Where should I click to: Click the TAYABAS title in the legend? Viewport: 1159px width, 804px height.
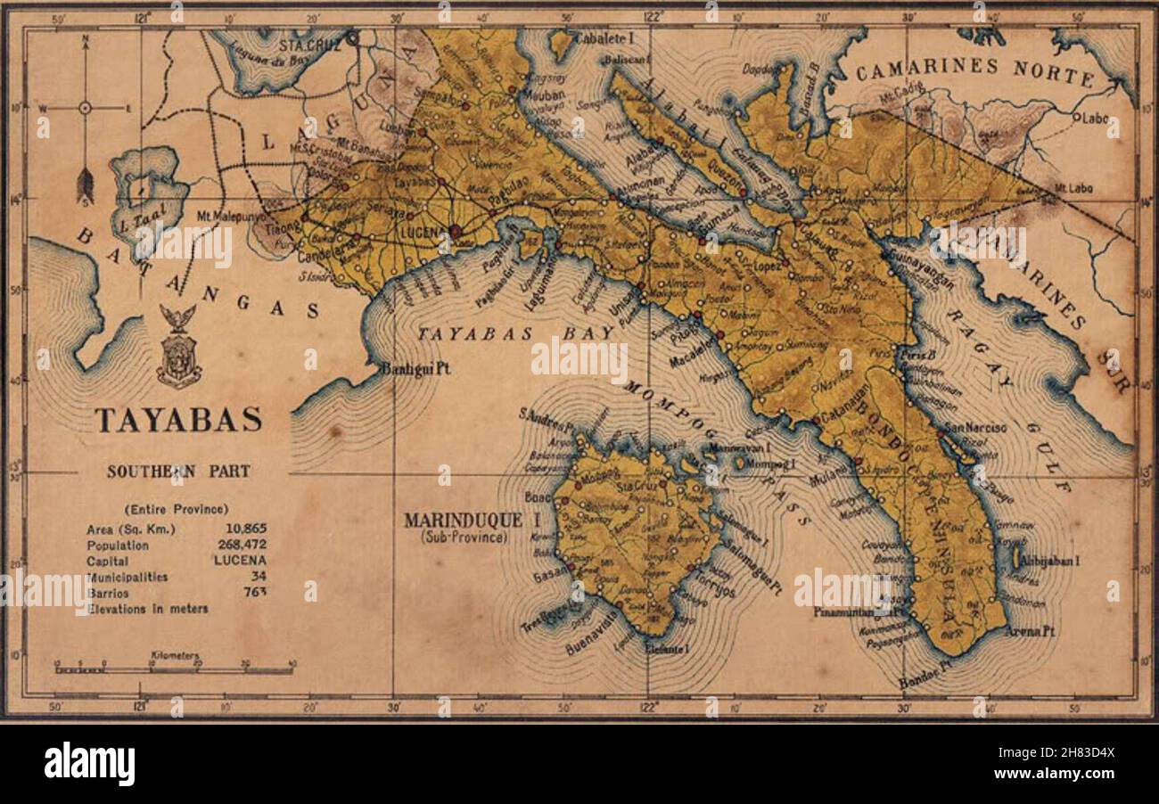point(178,420)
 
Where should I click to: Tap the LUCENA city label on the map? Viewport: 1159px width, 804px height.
point(422,232)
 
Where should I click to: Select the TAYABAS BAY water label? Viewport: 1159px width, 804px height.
point(517,333)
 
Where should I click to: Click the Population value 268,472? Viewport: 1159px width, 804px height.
point(240,545)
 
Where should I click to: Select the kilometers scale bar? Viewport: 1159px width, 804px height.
point(174,667)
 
